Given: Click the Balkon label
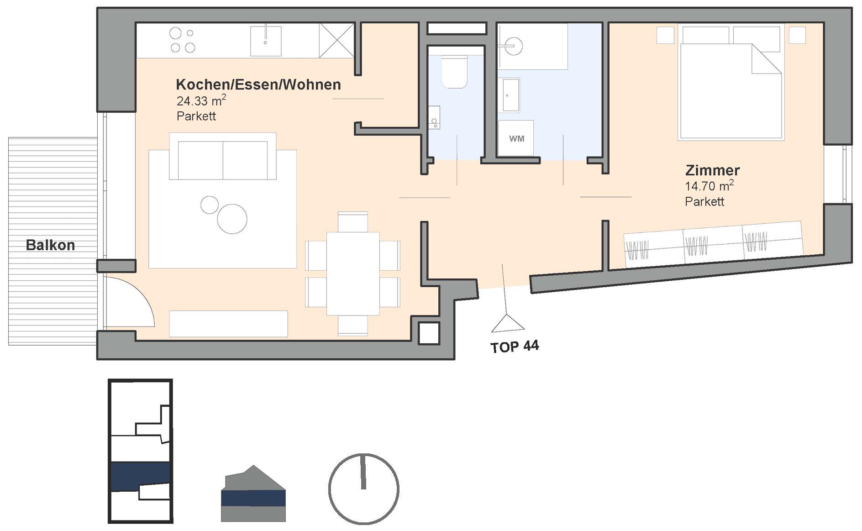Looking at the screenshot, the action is (50, 245).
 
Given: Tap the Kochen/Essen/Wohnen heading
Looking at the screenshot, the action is (258, 84).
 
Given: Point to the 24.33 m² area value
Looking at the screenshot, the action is (201, 100).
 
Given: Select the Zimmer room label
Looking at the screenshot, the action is (712, 170).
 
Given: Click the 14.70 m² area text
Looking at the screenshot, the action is (710, 186).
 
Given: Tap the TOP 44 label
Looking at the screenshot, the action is (515, 347).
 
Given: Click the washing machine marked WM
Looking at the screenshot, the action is (516, 138).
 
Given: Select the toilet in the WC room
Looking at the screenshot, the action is (454, 72).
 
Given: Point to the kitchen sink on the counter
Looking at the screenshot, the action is (266, 41).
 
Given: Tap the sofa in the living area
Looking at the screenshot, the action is (223, 156).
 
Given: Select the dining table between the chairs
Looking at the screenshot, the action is (353, 273).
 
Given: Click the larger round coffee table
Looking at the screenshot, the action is (232, 219).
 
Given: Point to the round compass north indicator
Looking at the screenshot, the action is (364, 489).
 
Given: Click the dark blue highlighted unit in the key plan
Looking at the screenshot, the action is (141, 476).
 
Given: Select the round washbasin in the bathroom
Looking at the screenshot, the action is (514, 46).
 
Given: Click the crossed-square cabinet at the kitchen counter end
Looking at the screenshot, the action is (337, 41).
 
